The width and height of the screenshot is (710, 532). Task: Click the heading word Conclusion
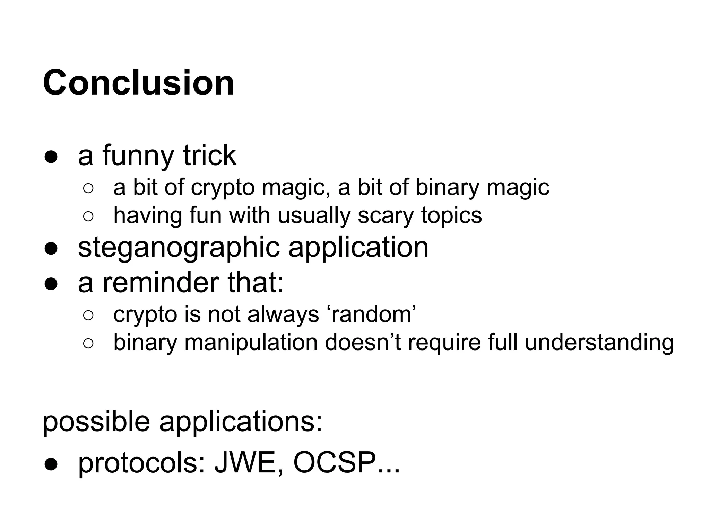point(138,83)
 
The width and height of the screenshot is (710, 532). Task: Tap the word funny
point(138,156)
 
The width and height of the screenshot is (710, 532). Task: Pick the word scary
point(386,216)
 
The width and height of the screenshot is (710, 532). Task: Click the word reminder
point(161,283)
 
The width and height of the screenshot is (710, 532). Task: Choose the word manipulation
point(251,343)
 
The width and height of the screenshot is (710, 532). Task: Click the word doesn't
point(363,343)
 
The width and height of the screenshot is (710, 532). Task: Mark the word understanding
point(599,343)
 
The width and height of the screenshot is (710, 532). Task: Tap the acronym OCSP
point(335,463)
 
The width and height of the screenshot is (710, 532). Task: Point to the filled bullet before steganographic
point(51,249)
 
